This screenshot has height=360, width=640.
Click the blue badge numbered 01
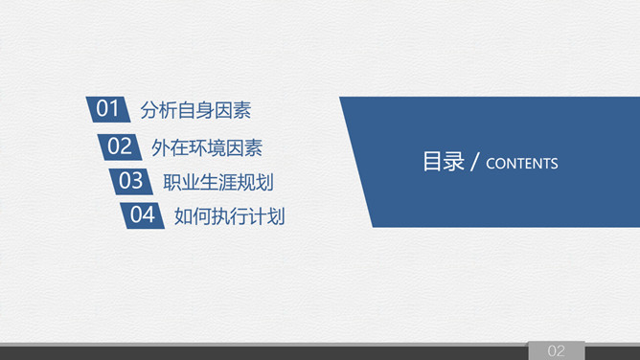click(x=107, y=109)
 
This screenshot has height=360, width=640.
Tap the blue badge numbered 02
click(x=119, y=146)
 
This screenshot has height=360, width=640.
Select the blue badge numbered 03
click(x=130, y=181)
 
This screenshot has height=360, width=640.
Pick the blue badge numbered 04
click(x=142, y=215)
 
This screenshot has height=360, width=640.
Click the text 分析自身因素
click(x=195, y=110)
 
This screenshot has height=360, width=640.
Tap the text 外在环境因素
click(x=207, y=147)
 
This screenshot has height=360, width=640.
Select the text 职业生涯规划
click(x=218, y=182)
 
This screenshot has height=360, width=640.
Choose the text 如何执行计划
click(x=230, y=216)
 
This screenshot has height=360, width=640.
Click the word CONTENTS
click(x=522, y=164)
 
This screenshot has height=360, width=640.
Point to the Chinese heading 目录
click(x=443, y=162)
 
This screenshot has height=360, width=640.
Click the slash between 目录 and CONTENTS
click(x=475, y=163)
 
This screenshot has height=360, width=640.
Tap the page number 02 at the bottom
click(x=557, y=350)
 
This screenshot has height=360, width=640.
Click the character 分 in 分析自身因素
click(x=149, y=110)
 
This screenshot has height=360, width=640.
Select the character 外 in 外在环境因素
click(x=161, y=147)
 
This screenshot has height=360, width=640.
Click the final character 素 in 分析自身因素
click(x=241, y=110)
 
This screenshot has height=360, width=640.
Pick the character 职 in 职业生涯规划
click(x=172, y=182)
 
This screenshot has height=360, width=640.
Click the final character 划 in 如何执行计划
click(x=276, y=216)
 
